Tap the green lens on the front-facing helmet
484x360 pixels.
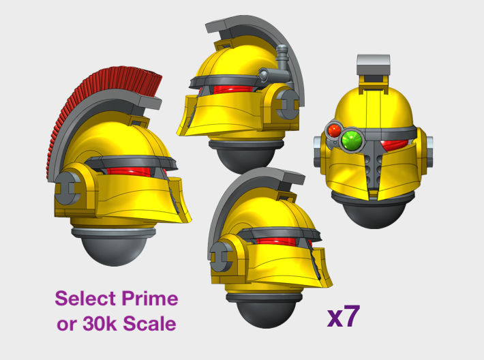point(352,140)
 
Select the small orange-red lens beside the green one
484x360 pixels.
point(334,131)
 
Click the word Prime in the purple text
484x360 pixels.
point(150,299)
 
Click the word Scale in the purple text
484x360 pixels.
point(149,324)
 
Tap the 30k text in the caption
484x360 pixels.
point(100,324)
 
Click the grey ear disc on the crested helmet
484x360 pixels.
point(67,187)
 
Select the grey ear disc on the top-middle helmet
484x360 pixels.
point(288,104)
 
